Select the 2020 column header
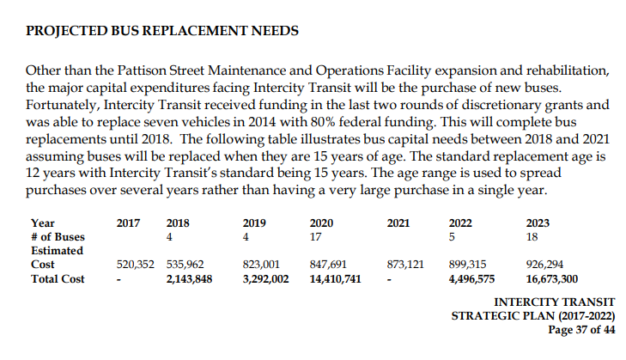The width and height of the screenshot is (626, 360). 321,223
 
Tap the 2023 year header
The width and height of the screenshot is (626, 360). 538,223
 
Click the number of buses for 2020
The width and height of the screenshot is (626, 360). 315,237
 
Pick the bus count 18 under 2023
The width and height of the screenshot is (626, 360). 532,237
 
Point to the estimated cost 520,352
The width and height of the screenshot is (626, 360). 136,265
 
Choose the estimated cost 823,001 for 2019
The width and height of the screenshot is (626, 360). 262,265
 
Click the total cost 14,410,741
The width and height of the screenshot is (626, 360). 336,279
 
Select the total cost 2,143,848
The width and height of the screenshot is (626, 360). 189,279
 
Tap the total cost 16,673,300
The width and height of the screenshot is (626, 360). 552,279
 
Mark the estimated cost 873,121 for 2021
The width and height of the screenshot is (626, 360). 405,265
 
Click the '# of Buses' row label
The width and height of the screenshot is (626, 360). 58,237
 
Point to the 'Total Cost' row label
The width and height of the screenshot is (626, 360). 58,279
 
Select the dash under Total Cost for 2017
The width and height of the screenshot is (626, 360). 119,279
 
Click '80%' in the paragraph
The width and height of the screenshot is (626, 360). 323,122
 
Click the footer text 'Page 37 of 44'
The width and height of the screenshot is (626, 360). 581,330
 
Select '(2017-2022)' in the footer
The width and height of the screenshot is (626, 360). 586,316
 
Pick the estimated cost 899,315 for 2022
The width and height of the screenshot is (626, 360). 467,265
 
